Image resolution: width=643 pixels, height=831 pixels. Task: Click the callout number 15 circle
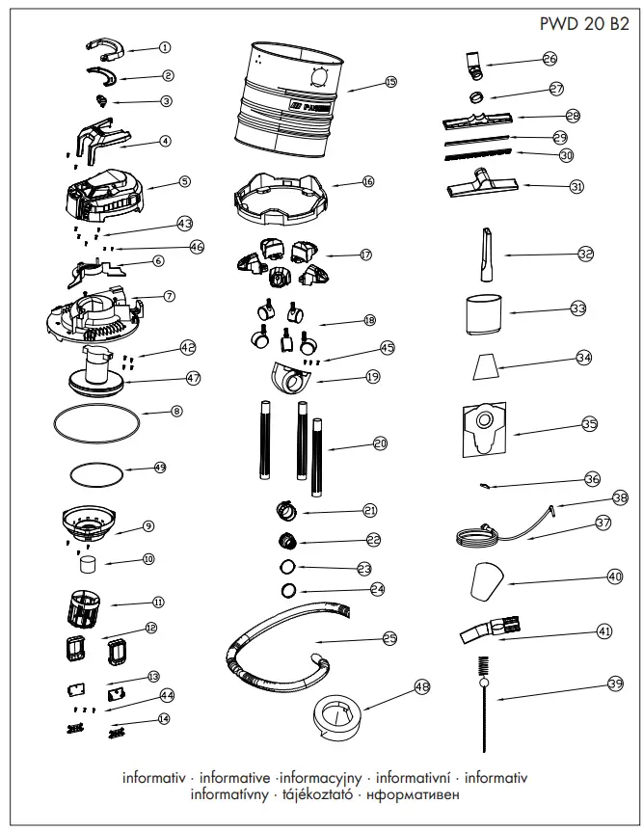click(389, 83)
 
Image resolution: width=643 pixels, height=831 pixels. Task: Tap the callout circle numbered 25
click(389, 637)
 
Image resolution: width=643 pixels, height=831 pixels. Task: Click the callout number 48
click(420, 687)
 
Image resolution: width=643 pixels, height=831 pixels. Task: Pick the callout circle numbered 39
click(616, 684)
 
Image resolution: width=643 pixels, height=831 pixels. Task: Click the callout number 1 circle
click(164, 47)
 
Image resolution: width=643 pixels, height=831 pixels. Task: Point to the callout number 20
click(380, 443)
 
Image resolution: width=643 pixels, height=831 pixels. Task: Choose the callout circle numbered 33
click(577, 309)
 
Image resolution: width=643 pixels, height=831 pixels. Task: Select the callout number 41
click(604, 631)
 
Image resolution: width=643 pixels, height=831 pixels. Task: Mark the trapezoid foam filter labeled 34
click(489, 366)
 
